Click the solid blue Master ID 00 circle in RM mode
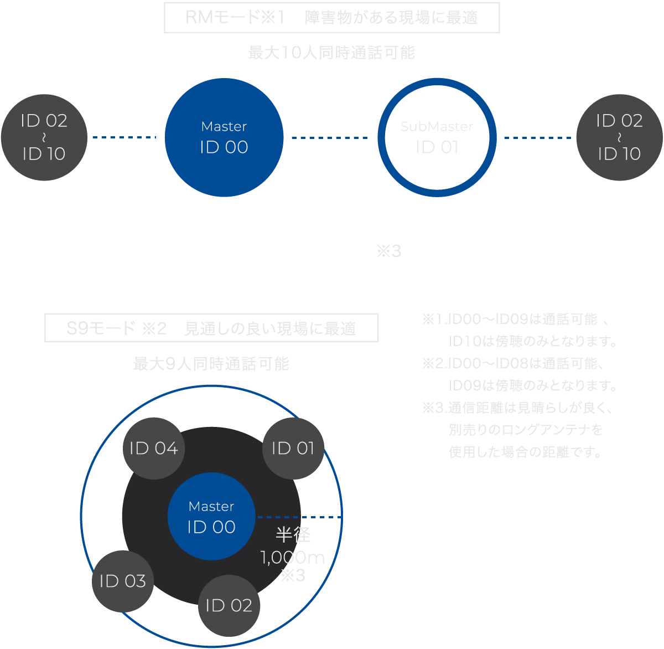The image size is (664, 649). pos(224,137)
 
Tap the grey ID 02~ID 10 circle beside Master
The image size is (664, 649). pos(44,137)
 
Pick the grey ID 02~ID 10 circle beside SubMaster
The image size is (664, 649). pos(619,137)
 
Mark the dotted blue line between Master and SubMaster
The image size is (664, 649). pos(330,137)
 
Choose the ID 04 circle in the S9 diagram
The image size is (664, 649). pos(153,448)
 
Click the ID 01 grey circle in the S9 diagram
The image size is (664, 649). pos(293,448)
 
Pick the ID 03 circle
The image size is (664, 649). pos(122,581)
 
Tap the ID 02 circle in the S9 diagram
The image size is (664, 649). pos(229,605)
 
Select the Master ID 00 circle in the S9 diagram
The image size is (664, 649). pos(211,517)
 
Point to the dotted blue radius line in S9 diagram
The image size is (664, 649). pos(299,517)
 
